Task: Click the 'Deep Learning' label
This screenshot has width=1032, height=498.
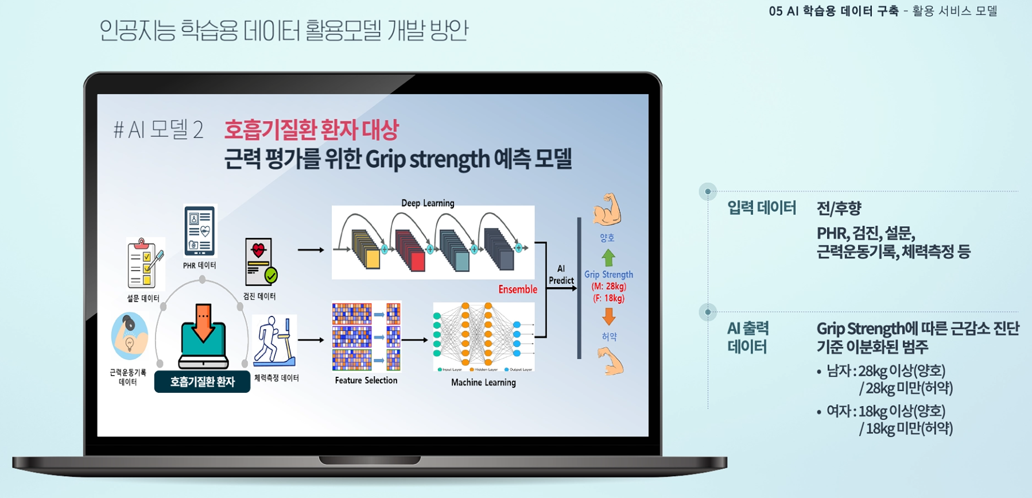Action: pos(428,203)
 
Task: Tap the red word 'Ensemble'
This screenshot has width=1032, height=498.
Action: pos(517,289)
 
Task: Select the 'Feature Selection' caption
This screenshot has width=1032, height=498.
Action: pos(366,380)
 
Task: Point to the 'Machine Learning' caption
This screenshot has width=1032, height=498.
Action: pos(483,383)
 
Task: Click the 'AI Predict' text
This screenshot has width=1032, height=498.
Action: pos(561,275)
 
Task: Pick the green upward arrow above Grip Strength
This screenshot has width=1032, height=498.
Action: pos(608,257)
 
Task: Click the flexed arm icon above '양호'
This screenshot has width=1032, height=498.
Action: pos(607,209)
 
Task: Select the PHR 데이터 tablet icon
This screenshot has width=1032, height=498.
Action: pos(200,231)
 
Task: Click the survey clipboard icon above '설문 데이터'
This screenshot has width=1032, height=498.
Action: pos(145,264)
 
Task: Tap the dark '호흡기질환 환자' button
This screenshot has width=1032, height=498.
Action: pos(202,382)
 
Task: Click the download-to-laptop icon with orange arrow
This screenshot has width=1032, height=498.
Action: pos(203,336)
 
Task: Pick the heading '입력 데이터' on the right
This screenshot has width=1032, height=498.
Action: pos(761,207)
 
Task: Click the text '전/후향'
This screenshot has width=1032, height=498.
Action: pos(839,208)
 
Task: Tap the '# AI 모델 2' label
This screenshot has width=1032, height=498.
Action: pos(158,130)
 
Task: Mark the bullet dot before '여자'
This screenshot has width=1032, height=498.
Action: pos(819,412)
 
